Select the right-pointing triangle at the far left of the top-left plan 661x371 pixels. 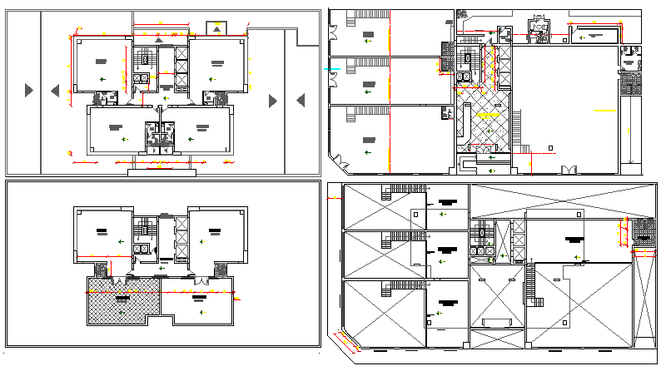(28, 90)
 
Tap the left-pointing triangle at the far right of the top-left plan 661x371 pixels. (301, 101)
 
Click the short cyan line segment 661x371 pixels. (334, 68)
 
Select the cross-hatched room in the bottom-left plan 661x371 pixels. (122, 300)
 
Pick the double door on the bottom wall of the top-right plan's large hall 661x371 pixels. (569, 171)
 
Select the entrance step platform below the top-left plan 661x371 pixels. (163, 172)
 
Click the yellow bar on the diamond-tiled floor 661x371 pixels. (485, 116)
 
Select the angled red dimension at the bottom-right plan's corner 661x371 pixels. (342, 340)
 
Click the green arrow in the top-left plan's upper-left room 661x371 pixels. (102, 77)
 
